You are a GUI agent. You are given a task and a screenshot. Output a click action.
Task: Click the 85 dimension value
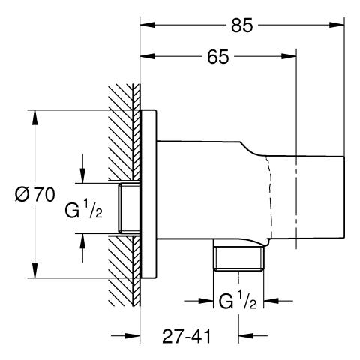[x=241, y=25]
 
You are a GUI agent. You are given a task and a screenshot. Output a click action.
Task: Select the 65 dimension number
[x=218, y=56]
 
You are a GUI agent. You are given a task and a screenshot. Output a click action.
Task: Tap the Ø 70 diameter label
[x=34, y=195]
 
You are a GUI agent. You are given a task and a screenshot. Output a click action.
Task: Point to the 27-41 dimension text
[x=187, y=336]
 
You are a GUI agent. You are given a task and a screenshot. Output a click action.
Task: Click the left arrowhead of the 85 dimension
[x=148, y=25]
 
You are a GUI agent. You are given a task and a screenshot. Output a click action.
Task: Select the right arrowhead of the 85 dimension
[x=337, y=25]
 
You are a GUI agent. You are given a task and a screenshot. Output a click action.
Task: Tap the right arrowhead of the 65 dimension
[x=289, y=56]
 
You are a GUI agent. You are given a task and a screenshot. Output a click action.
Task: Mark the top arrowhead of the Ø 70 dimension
[x=34, y=118]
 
